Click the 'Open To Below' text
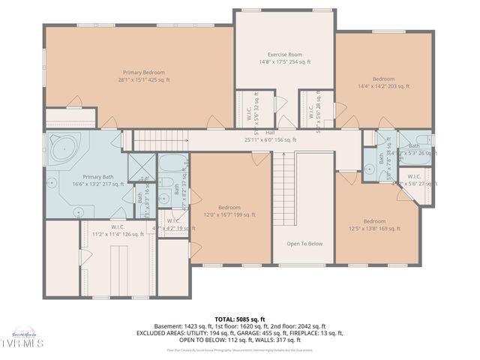(304, 243)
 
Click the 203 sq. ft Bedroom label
(383, 82)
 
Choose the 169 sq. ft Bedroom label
(374, 225)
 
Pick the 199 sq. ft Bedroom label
(229, 211)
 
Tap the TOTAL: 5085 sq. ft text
(239, 319)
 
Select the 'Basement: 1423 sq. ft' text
(181, 326)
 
